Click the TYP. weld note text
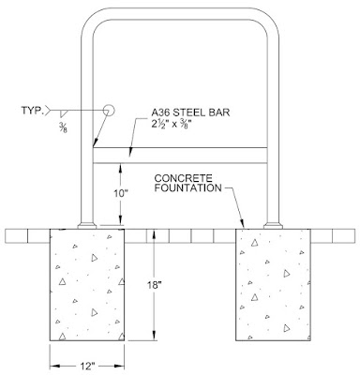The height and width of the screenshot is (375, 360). click(32, 111)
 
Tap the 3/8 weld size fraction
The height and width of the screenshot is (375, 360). click(63, 128)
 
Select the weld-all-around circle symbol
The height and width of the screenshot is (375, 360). click(109, 110)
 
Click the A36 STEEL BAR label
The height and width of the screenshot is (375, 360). click(190, 112)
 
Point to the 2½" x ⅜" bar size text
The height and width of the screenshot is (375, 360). click(172, 124)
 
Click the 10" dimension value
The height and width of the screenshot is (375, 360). click(121, 194)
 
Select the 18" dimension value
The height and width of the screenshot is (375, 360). click(156, 285)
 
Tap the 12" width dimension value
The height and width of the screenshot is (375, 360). click(87, 366)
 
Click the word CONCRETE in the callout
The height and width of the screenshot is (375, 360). click(183, 178)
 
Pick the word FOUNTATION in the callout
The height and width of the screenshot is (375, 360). click(188, 187)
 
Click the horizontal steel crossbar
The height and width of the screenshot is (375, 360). click(180, 156)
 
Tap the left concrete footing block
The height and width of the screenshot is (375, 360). click(87, 285)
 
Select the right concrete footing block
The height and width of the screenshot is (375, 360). click(273, 285)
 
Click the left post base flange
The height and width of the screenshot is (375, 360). click(87, 226)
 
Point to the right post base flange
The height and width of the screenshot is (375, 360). click(273, 226)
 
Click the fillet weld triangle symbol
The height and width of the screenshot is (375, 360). click(64, 113)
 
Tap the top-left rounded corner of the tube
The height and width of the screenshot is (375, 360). click(91, 19)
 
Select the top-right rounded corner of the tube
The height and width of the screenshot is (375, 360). click(269, 19)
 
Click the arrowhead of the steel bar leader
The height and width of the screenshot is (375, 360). click(131, 151)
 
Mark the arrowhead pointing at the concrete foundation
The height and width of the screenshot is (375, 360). click(242, 224)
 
